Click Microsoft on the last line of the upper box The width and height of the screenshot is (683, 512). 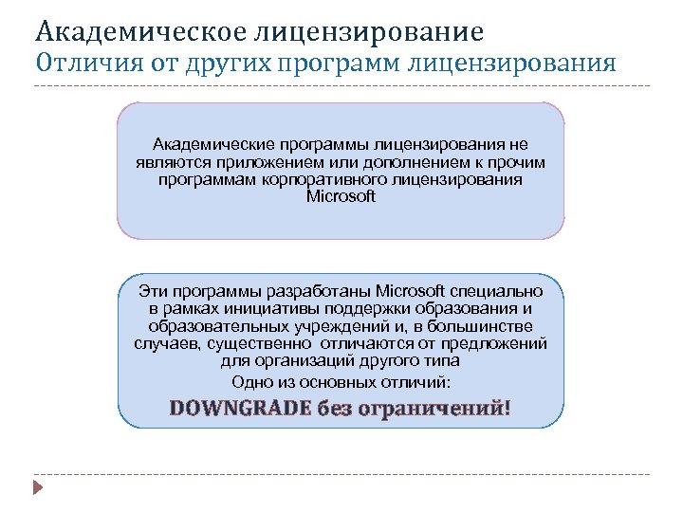click(341, 196)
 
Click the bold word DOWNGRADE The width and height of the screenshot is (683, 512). click(240, 409)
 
